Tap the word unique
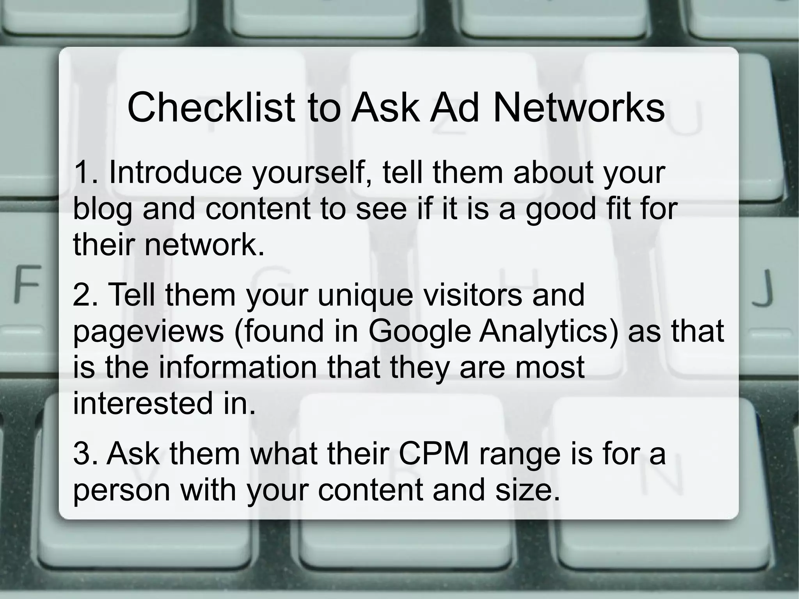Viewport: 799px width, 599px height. tap(365, 294)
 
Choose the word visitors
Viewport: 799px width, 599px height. tap(472, 294)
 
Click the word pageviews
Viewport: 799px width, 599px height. tap(148, 331)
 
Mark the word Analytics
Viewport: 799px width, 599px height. tap(549, 331)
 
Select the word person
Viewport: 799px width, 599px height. tap(121, 491)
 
